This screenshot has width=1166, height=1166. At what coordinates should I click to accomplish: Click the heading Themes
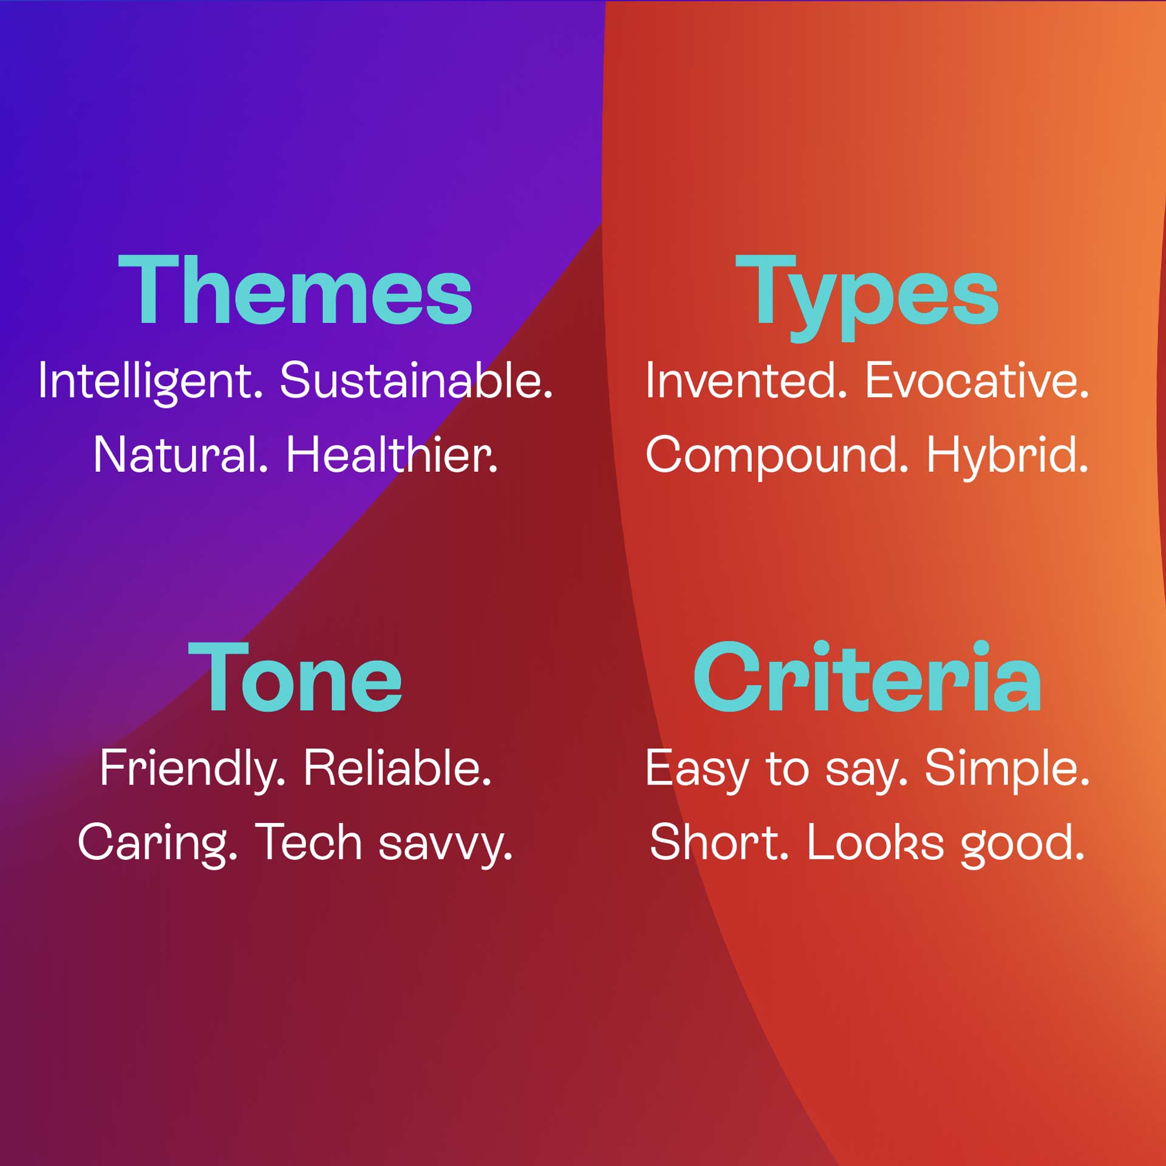295,290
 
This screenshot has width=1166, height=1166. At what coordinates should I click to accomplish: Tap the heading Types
867,298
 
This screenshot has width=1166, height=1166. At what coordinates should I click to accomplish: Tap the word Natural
181,455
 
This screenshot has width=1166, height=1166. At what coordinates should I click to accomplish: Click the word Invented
746,381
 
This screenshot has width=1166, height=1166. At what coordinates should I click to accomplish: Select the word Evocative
977,381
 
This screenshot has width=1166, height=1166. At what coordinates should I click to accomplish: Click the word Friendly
193,770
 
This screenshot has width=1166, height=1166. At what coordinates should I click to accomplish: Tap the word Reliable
398,768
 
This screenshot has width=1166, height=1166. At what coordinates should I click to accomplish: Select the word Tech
309,842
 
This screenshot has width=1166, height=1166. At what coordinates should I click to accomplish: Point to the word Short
719,842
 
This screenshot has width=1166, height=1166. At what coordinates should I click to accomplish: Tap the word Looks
875,842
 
